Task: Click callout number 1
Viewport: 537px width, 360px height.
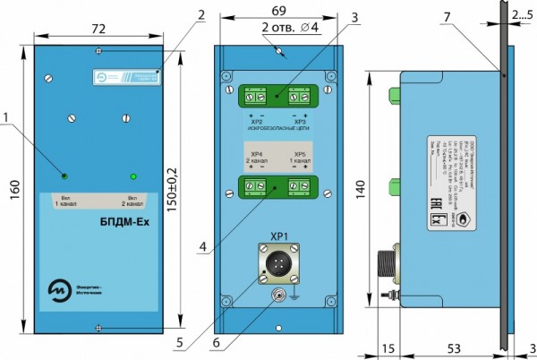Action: click(x=9, y=116)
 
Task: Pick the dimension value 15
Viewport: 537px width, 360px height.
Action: click(x=388, y=346)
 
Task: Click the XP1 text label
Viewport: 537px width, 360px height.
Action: click(x=278, y=236)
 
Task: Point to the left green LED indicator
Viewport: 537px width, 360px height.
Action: click(x=64, y=174)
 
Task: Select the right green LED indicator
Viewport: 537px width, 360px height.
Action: click(x=132, y=176)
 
